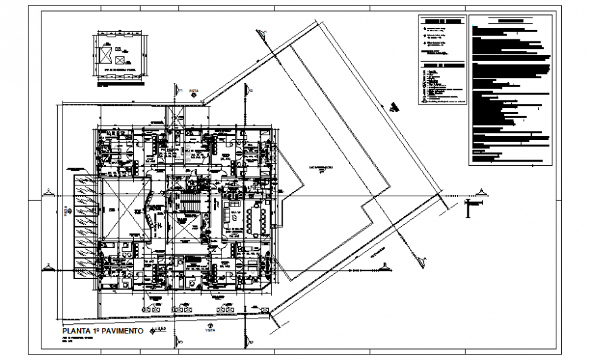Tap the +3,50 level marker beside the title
160,330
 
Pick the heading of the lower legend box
441,66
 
